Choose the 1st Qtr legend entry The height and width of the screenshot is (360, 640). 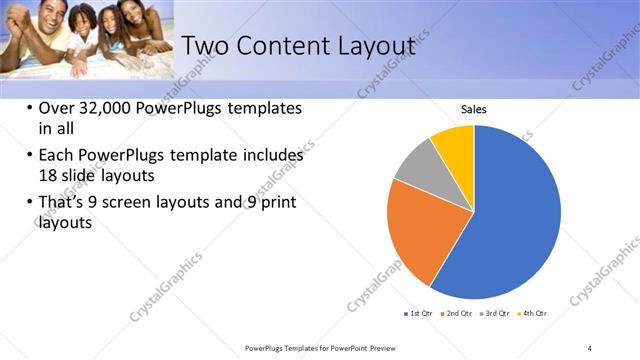pyautogui.click(x=418, y=314)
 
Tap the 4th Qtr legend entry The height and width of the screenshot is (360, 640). pyautogui.click(x=533, y=314)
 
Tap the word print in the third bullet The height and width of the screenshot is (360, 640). pyautogui.click(x=278, y=204)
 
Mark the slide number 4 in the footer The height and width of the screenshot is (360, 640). pyautogui.click(x=590, y=347)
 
